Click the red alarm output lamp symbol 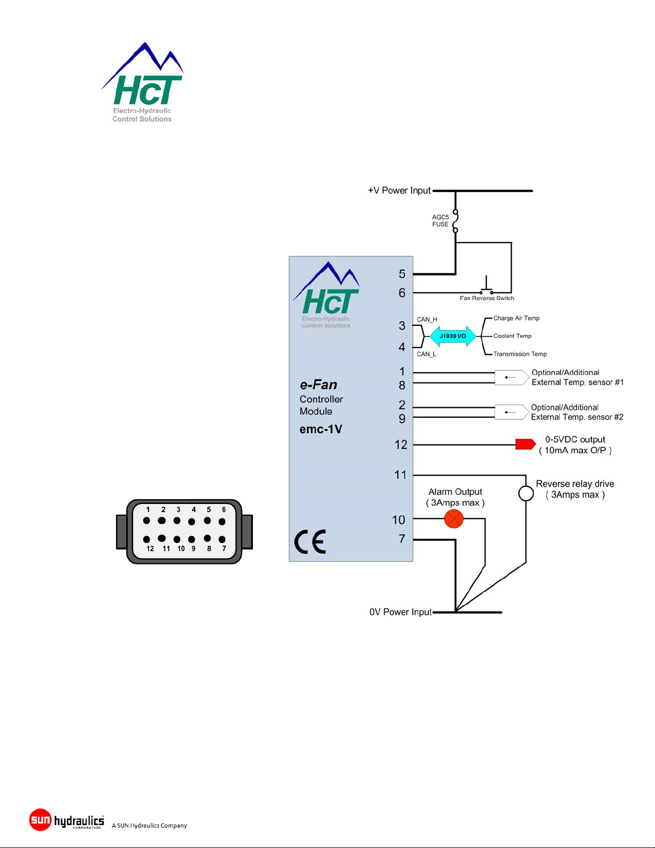(x=454, y=519)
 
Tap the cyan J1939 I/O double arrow (x=453, y=336)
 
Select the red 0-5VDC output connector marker (x=525, y=444)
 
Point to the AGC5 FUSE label (x=440, y=220)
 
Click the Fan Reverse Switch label (x=487, y=298)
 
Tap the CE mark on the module (x=310, y=541)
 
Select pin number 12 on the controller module (x=401, y=445)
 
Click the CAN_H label (x=427, y=319)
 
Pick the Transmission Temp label (x=520, y=354)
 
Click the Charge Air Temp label (x=517, y=318)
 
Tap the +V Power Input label (x=399, y=190)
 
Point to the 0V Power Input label (x=400, y=612)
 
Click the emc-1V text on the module (x=321, y=429)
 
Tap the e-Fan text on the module (x=319, y=385)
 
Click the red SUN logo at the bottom (x=40, y=820)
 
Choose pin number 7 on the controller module (x=402, y=539)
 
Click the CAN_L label (x=427, y=354)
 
